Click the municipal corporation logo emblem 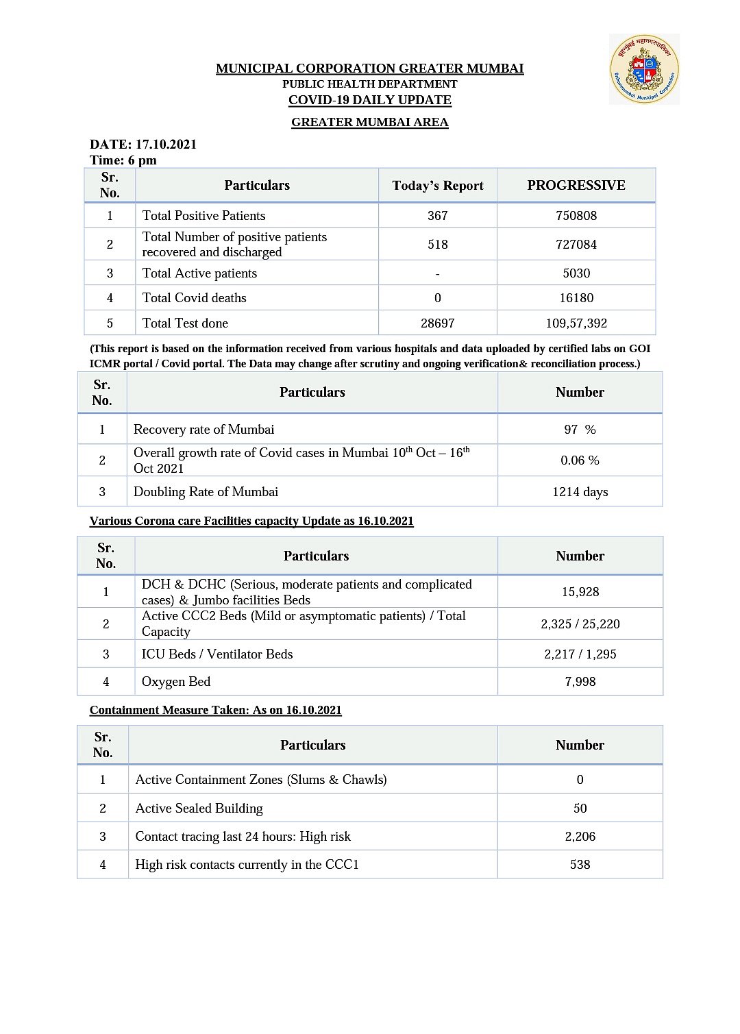pos(644,69)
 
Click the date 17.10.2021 pos(166,145)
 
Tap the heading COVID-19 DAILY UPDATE pos(369,100)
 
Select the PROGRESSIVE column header pos(576,186)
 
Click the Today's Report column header pos(438,186)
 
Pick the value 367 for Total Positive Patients pos(438,216)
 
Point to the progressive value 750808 pos(576,216)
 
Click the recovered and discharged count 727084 pos(576,245)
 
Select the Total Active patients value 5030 pos(576,273)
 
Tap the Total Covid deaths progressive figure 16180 pos(576,298)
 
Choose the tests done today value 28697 pos(438,323)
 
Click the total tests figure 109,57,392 pos(576,323)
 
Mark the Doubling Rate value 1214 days pos(580,492)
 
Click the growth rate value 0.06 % pos(580,460)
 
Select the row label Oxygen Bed pos(176,682)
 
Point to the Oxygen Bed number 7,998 pos(580,682)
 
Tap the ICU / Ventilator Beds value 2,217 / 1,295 pos(580,654)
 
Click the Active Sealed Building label pos(199,809)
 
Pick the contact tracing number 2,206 pos(580,837)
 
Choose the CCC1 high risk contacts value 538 pos(580,865)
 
